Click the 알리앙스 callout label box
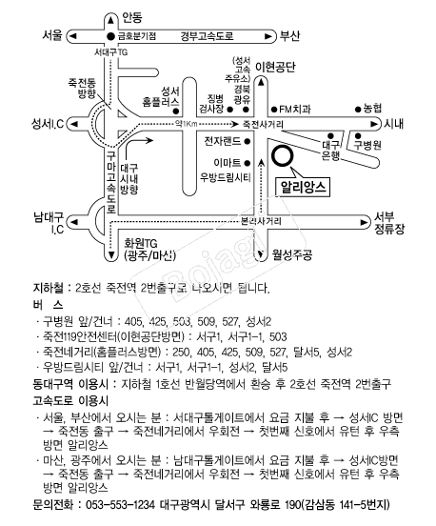coord(303,187)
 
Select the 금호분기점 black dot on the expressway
coord(110,36)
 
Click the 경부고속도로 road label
coord(207,36)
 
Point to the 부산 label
coord(290,36)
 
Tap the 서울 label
coord(52,35)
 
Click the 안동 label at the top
coord(132,17)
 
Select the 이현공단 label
coord(275,67)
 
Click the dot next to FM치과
coord(274,110)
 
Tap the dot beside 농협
coord(358,109)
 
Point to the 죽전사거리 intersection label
coord(263,125)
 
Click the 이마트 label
coord(228,163)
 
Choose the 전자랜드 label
coord(223,141)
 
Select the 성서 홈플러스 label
coord(161,96)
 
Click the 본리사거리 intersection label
coord(261,221)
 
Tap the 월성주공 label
coord(292,255)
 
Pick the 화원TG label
coord(141,243)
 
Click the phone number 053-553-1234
coord(121,504)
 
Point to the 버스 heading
coord(48,305)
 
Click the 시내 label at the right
coord(394,124)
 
